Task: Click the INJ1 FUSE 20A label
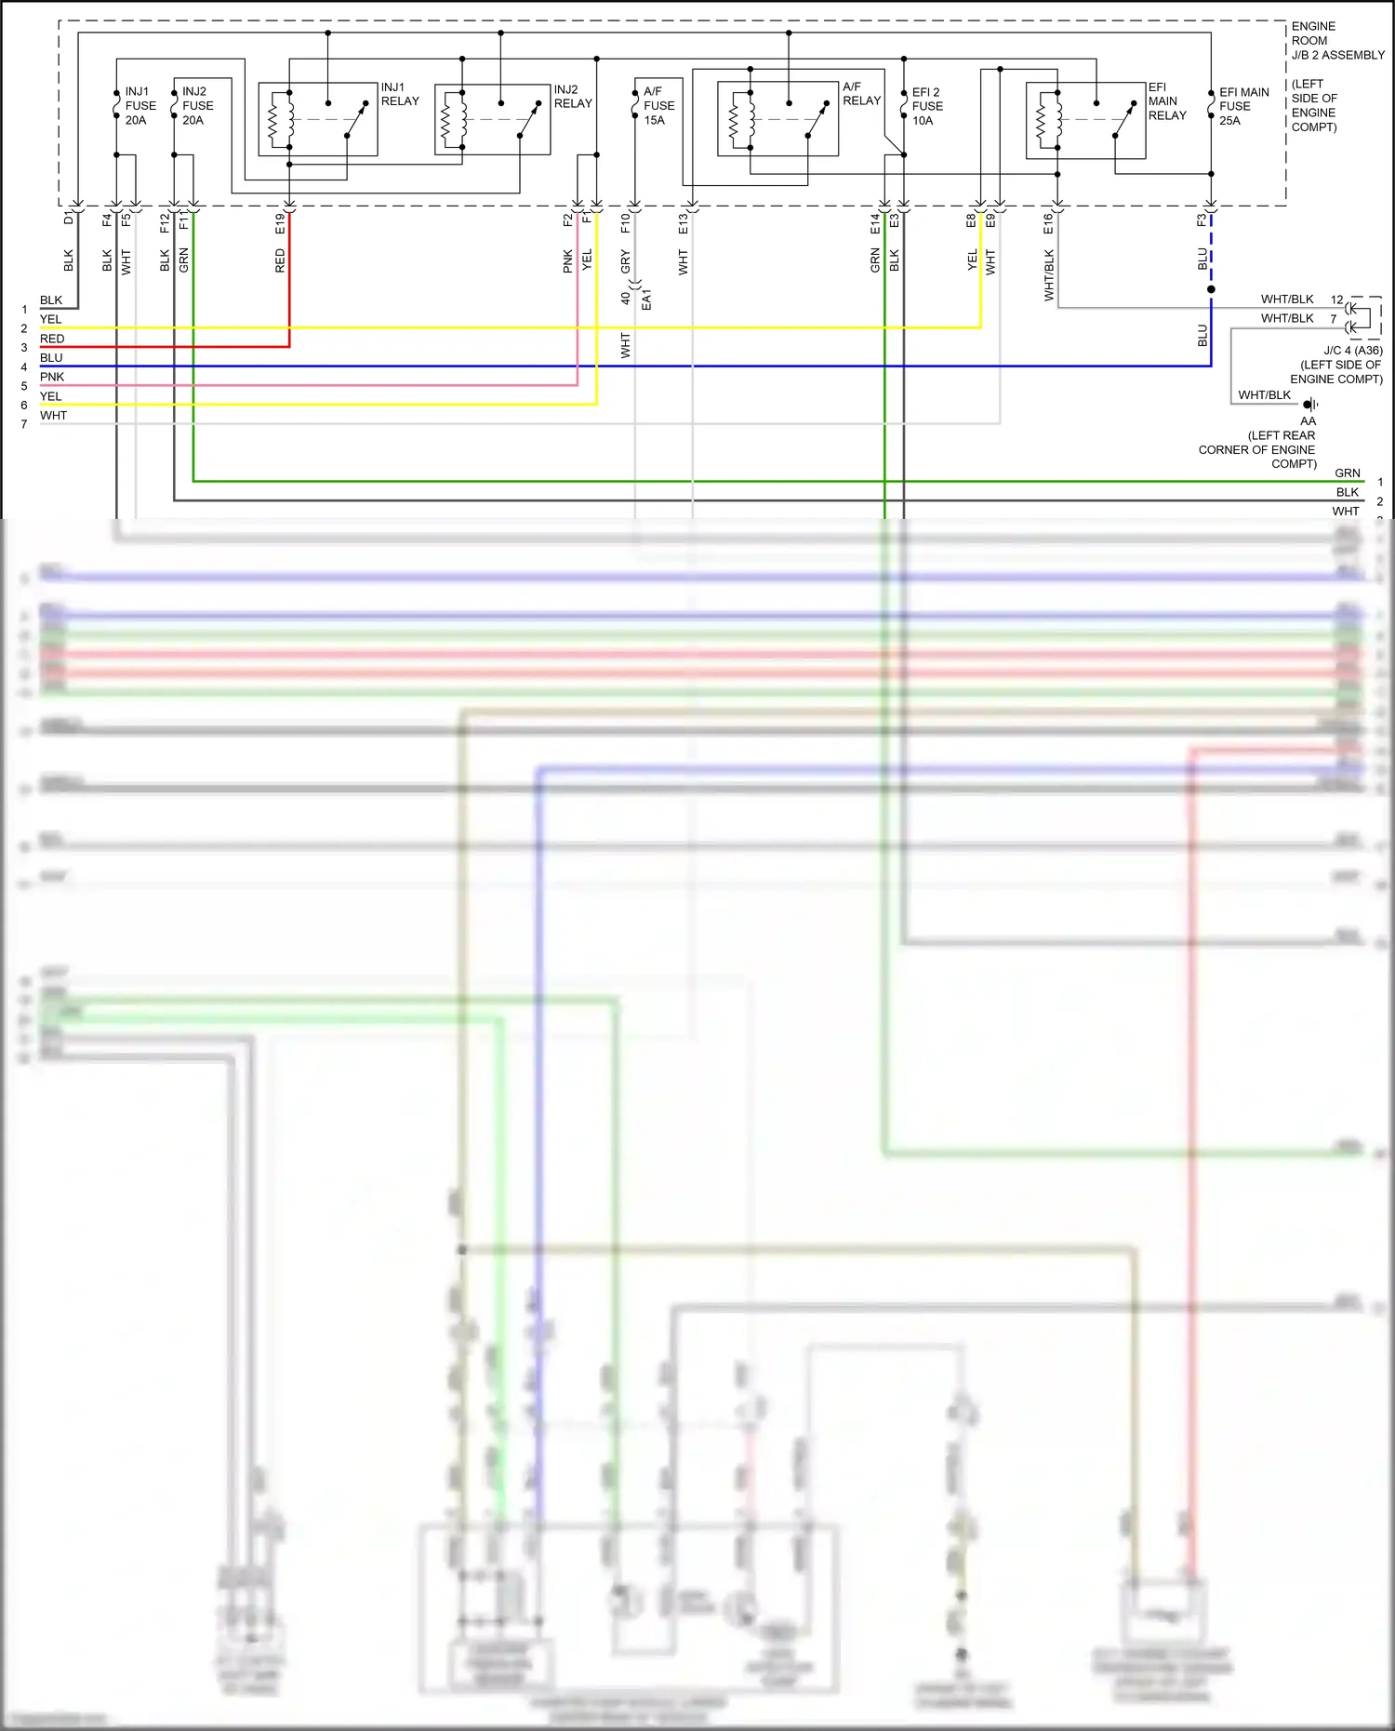coord(139,106)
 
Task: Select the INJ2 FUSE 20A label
coord(197,106)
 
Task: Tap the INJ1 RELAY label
coord(400,94)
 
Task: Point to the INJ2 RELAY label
coord(573,97)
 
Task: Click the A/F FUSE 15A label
coord(658,106)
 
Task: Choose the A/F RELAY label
coord(861,94)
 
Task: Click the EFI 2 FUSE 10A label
coord(926,106)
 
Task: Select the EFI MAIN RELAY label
coord(1166,101)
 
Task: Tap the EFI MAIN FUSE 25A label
coord(1243,106)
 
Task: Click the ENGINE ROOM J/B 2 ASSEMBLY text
coord(1336,41)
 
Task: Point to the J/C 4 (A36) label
coord(1352,351)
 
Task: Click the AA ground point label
coord(1308,420)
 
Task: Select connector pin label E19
coord(280,223)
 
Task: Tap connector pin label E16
coord(1048,223)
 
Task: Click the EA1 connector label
coord(646,300)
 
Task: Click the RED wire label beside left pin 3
coord(52,339)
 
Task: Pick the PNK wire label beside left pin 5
coord(52,377)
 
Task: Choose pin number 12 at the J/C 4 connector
coord(1336,300)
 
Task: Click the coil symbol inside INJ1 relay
coord(274,119)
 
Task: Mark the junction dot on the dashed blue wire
coord(1211,289)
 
